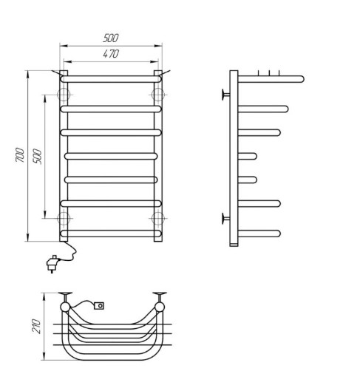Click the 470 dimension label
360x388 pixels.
tap(111, 54)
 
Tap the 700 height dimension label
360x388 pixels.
tap(20, 155)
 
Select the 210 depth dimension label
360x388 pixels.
tap(36, 327)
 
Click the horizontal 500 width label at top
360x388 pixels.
tap(111, 38)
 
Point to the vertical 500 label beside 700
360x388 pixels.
tap(38, 156)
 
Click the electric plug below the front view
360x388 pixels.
tap(52, 264)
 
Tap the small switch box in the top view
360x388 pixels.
tap(99, 306)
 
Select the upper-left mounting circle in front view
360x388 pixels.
tap(64, 95)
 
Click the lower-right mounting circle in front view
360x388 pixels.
tap(158, 219)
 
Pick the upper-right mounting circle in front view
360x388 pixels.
tap(158, 95)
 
